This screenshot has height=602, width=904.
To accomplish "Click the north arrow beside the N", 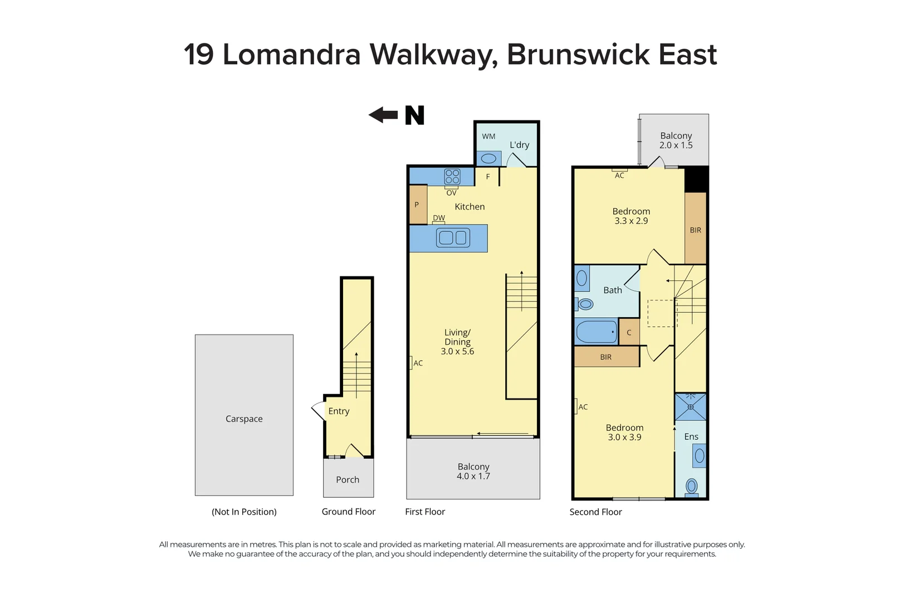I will [383, 115].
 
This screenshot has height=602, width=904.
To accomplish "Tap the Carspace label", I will [244, 419].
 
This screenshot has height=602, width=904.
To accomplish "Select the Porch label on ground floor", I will [348, 479].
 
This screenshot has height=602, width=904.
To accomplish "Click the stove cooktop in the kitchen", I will [452, 177].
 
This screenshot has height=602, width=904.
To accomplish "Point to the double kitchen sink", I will [453, 238].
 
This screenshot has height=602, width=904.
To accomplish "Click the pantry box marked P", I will [418, 205].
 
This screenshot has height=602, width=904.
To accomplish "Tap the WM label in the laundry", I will [488, 136].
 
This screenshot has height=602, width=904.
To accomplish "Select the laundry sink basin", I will [488, 158].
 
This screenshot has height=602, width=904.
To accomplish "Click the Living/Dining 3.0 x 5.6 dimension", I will [457, 351].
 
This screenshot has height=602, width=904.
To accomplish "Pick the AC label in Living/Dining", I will [418, 363].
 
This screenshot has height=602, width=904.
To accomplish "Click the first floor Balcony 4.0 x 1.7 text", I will [473, 472].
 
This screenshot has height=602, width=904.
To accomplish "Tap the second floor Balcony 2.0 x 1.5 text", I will [676, 140].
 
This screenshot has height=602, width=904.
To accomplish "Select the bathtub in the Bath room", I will [597, 332].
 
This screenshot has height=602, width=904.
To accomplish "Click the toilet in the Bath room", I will [584, 304].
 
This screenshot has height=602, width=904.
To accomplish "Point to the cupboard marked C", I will [629, 332].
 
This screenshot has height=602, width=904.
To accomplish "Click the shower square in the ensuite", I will [691, 407].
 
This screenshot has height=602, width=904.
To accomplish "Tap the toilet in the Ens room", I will [691, 486].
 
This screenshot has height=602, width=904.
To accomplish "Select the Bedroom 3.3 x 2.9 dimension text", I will [631, 221].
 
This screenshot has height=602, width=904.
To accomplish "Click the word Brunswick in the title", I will [578, 55].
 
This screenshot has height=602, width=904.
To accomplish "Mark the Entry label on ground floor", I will [339, 411].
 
